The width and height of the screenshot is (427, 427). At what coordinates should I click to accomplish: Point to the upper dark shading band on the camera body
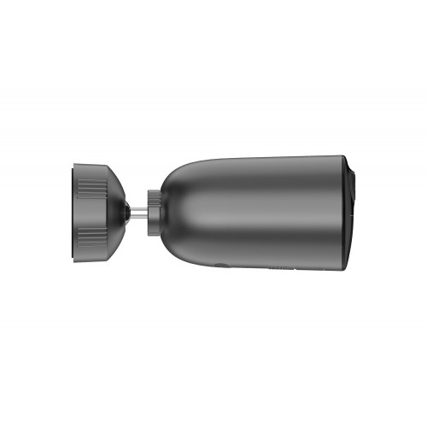pyautogui.click(x=256, y=171)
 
